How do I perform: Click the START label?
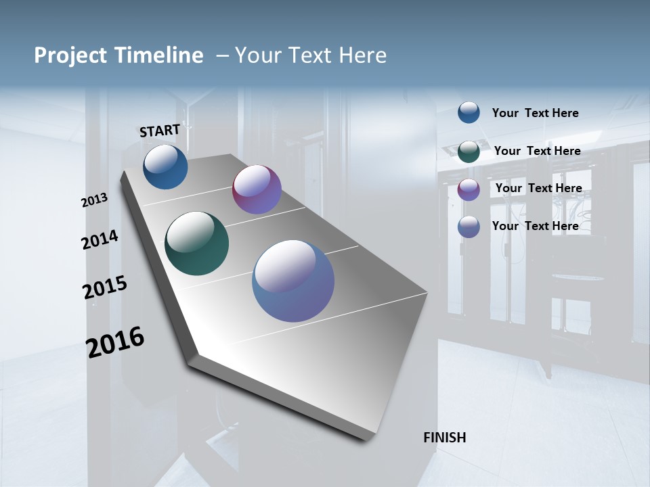[x=160, y=131]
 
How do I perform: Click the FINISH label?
[x=444, y=438]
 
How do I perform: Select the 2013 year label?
[x=95, y=200]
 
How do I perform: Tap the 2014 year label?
[x=100, y=239]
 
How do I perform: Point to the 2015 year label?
[x=105, y=287]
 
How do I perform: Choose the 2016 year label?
[x=115, y=342]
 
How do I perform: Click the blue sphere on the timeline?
[x=165, y=166]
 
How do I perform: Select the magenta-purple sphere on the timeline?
[x=257, y=189]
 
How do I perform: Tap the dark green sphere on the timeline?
[x=196, y=243]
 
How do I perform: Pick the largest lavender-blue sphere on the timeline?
[x=293, y=280]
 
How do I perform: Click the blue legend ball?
[x=469, y=112]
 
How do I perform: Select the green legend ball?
[x=469, y=152]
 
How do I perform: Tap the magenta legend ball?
[x=469, y=189]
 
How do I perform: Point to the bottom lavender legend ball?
[x=469, y=227]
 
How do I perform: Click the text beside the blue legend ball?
[x=535, y=113]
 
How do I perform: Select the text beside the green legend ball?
[x=537, y=151]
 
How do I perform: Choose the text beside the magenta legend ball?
[x=538, y=188]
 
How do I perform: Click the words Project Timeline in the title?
[x=118, y=55]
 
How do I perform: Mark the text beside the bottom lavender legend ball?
[x=535, y=226]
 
